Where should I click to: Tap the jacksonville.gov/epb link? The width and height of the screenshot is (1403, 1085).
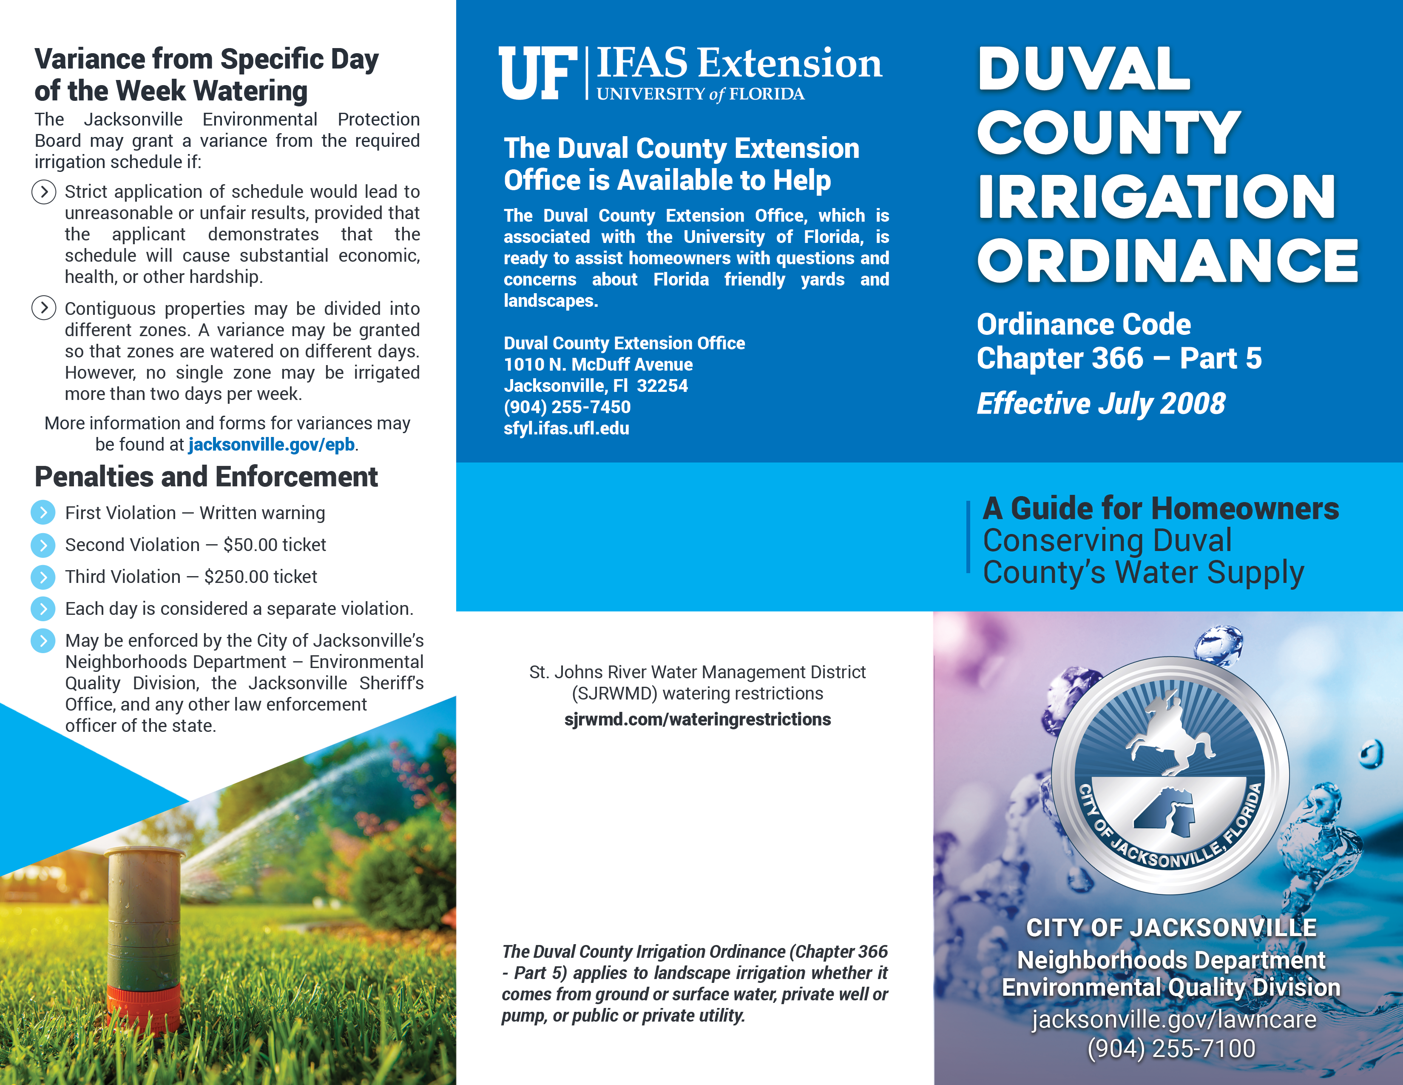point(271,445)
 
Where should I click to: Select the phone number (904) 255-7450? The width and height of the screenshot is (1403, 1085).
point(567,407)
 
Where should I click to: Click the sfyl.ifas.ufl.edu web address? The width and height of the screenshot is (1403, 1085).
point(566,428)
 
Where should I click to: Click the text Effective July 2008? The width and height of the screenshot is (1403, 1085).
point(1100,404)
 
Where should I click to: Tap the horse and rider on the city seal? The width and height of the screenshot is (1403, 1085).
point(1169,736)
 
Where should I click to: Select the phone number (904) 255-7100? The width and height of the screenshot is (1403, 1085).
point(1170,1049)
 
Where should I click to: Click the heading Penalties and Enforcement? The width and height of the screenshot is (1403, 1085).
point(206,477)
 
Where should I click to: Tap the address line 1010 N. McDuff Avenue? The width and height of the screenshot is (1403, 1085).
point(598,365)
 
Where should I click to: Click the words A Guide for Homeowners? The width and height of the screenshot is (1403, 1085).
point(1160,508)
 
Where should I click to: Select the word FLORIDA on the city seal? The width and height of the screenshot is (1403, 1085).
point(1244,813)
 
